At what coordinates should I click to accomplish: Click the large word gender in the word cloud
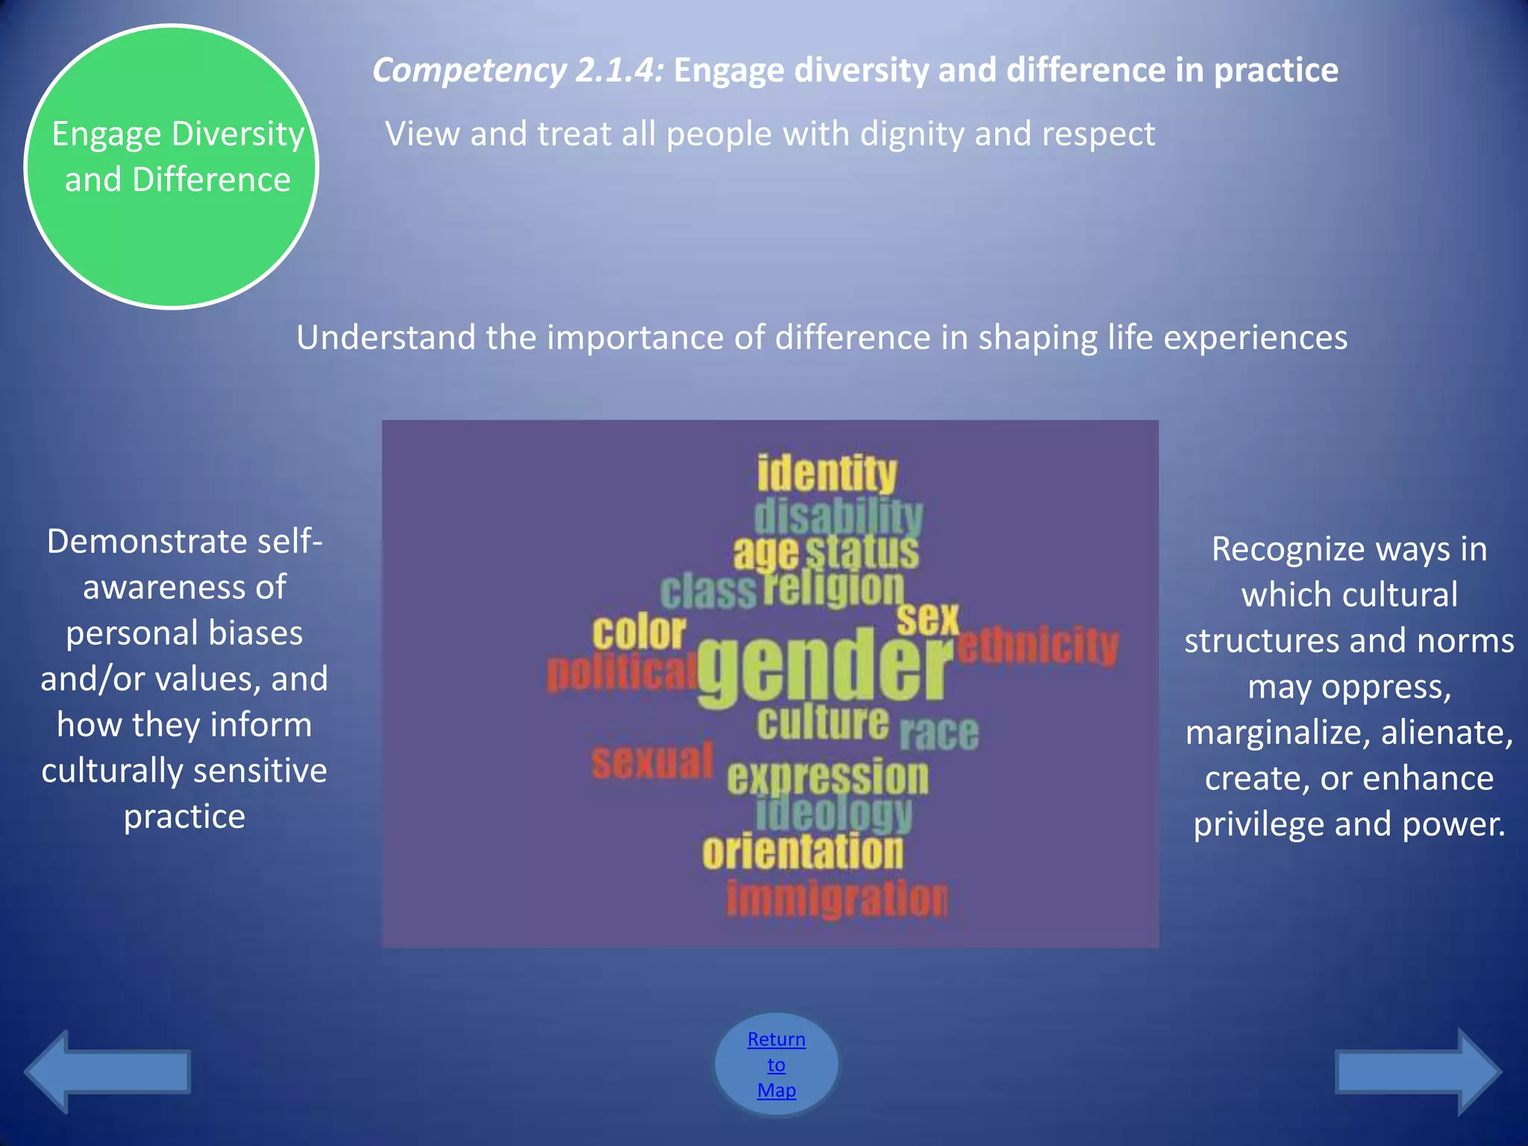coord(824,668)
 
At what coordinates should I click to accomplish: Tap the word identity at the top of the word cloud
coord(827,474)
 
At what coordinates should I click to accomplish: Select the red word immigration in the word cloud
coord(837,899)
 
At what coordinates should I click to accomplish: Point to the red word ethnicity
coord(1039,645)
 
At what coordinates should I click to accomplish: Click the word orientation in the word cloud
coord(802,852)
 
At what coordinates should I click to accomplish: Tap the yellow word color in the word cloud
coord(639,633)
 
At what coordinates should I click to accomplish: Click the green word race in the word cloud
coord(939,733)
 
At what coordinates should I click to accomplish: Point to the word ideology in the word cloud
coord(833,813)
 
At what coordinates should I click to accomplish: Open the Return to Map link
coord(776,1064)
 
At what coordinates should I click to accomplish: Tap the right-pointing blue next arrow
coord(1418,1071)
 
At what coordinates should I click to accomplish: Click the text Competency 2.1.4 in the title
coord(518,71)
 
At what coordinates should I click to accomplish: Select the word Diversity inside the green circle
coord(237,135)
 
